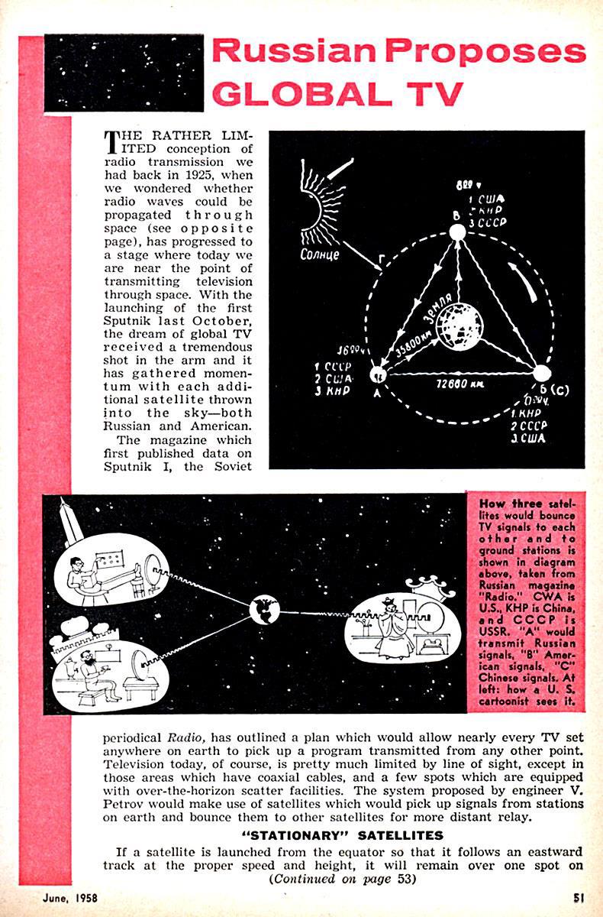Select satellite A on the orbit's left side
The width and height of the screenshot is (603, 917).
point(376,375)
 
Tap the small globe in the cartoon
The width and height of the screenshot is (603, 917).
point(266,609)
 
